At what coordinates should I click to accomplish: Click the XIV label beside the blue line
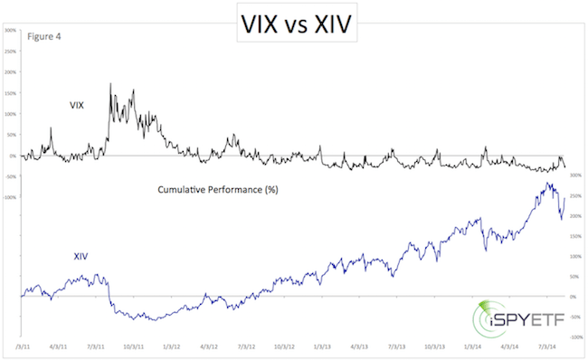tap(81, 256)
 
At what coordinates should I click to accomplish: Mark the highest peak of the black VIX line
tap(110, 84)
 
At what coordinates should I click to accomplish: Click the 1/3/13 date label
tap(322, 345)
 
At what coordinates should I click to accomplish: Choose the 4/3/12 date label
tap(209, 345)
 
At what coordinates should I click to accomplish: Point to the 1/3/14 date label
tap(473, 345)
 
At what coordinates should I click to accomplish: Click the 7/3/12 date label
tap(247, 345)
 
